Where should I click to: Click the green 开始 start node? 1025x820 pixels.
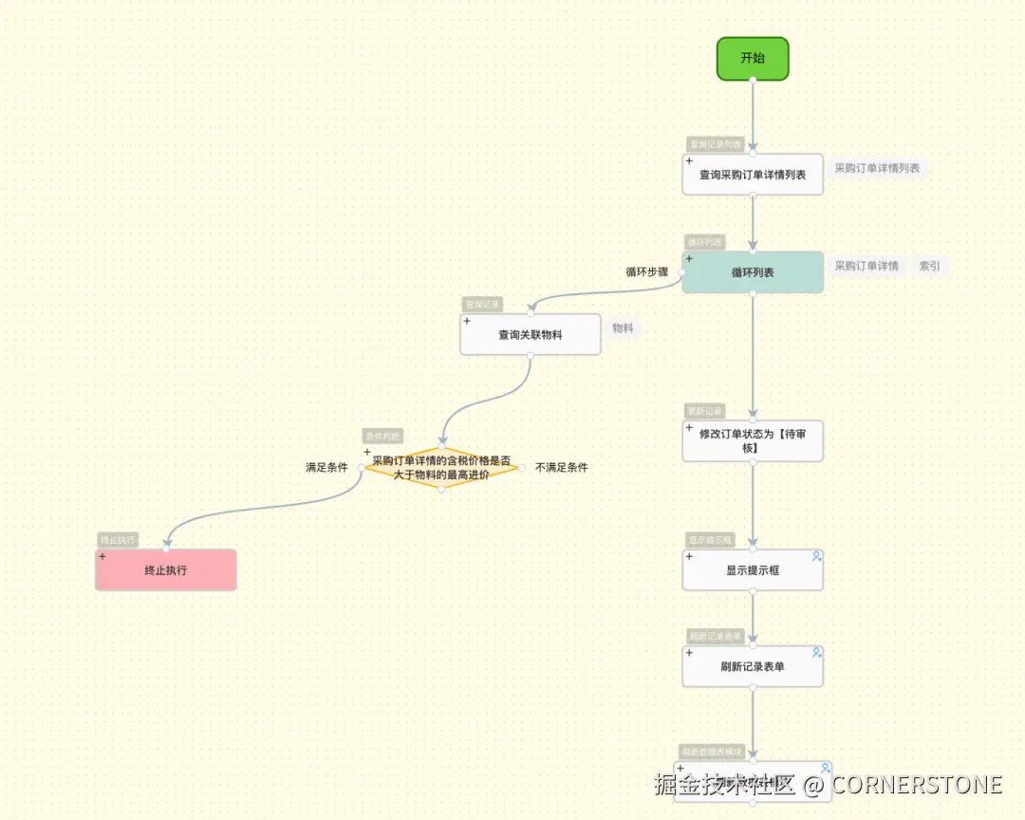tap(753, 58)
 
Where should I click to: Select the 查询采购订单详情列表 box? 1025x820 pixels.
tap(753, 175)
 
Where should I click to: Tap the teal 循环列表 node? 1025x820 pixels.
tap(753, 272)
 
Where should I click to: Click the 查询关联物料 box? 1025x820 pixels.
tap(531, 335)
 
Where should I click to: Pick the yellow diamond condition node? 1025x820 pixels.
tap(441, 467)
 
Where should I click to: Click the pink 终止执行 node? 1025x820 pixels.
tap(166, 570)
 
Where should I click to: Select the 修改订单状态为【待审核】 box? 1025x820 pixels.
tap(753, 440)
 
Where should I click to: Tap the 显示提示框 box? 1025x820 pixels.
tap(753, 570)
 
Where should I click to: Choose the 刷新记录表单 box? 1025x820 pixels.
tap(753, 666)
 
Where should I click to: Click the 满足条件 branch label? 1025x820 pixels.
tap(326, 468)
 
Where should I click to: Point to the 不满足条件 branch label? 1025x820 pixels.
tap(562, 468)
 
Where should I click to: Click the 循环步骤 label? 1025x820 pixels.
tap(647, 271)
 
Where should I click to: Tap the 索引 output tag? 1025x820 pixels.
tap(930, 267)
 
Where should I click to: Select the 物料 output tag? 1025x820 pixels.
tap(623, 328)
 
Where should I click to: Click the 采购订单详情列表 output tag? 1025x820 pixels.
tap(877, 169)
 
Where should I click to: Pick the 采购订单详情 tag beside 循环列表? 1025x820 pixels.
tap(867, 267)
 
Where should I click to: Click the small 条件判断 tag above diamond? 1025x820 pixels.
tap(382, 437)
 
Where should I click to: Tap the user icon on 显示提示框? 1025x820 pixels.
tap(816, 556)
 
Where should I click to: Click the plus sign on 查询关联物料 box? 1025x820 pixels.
tap(467, 321)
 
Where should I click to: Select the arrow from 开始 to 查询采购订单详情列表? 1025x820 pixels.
tap(753, 114)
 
